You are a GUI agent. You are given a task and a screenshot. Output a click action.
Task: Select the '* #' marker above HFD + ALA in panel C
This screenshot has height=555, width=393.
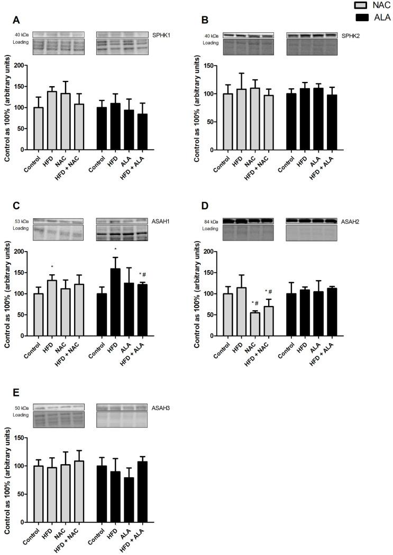point(142,274)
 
